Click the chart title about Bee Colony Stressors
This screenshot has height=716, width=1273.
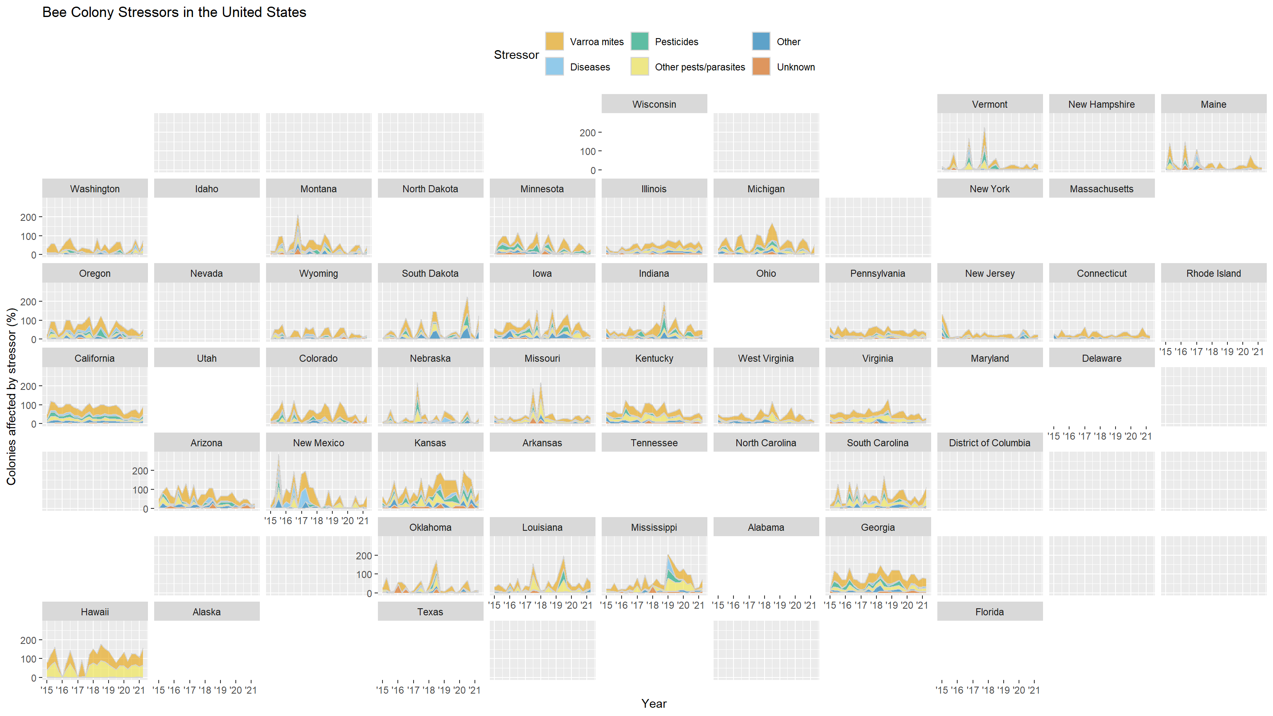coord(174,12)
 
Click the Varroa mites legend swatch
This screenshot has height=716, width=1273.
coord(554,41)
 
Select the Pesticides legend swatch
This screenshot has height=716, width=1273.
coord(639,41)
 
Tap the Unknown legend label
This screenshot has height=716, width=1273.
coord(796,67)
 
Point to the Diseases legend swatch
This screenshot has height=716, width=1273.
coord(554,67)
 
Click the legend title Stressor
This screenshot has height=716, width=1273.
coord(516,55)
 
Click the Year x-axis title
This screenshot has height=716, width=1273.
coord(654,704)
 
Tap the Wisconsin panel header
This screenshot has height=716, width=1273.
coord(654,104)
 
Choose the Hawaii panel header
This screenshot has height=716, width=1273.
coord(94,612)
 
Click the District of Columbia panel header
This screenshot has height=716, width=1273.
coord(989,443)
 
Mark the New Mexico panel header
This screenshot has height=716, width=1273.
coord(318,443)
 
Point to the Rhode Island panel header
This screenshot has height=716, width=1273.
coord(1213,273)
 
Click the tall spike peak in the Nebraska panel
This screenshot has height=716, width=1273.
coord(417,383)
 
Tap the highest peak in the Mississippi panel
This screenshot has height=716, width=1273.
coord(668,555)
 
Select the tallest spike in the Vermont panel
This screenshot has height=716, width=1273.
coord(985,128)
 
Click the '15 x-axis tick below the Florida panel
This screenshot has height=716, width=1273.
coord(942,690)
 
